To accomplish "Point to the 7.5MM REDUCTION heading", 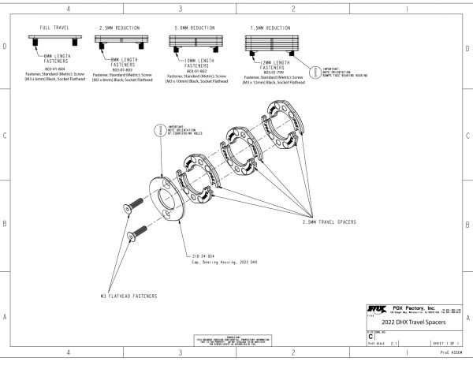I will (268, 27).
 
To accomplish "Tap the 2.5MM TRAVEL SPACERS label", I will (328, 223).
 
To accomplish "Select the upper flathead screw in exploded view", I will (132, 207).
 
